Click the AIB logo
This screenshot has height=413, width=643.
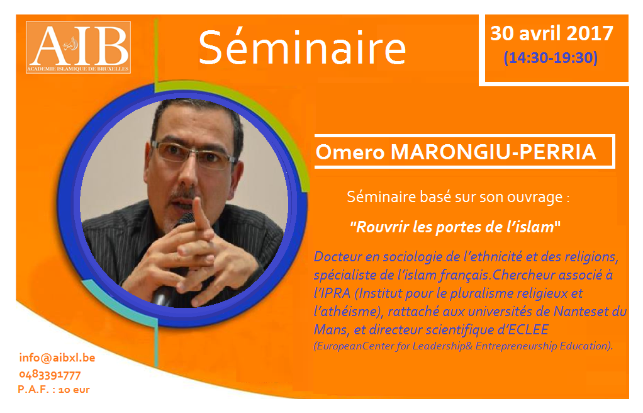click(x=78, y=47)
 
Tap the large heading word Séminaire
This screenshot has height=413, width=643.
click(x=302, y=48)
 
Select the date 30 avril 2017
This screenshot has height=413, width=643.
click(x=552, y=33)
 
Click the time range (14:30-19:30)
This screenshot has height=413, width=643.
click(x=551, y=57)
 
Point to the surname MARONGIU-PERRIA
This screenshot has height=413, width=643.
click(x=493, y=152)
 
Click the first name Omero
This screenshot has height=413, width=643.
click(x=350, y=152)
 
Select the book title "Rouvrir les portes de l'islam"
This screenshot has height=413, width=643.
click(x=455, y=227)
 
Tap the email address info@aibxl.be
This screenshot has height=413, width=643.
click(x=57, y=358)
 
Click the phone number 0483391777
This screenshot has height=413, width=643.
click(x=50, y=375)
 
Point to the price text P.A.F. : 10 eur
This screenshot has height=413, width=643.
click(x=53, y=390)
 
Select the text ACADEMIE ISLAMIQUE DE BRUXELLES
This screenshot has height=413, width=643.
click(x=78, y=69)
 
